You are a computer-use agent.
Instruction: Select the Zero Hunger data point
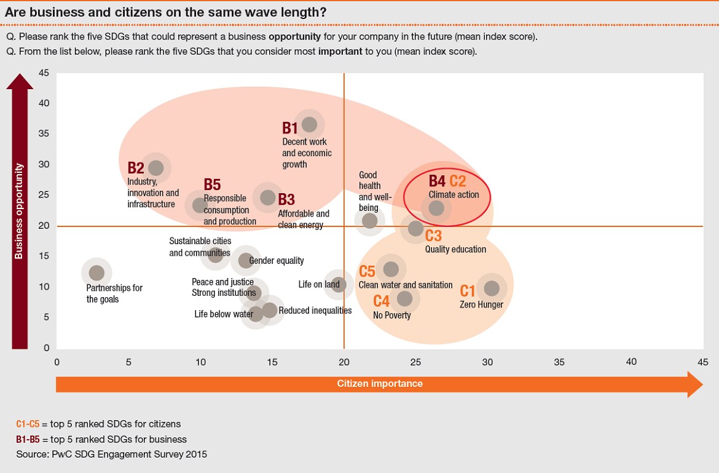point(492,288)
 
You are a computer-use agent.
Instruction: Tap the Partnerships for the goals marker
point(96,272)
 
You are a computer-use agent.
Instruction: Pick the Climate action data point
point(436,208)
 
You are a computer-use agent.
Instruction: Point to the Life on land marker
point(339,285)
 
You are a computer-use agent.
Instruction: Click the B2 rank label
point(136,168)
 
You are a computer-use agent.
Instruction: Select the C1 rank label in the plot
point(468,291)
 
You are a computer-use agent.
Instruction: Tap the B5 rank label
point(212,185)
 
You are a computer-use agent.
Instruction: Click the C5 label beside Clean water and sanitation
point(367,271)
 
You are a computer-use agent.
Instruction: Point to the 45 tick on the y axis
point(44,73)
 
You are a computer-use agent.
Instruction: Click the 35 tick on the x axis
point(559,362)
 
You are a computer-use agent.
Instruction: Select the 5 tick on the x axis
point(128,362)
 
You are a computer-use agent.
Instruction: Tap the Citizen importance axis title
point(380,384)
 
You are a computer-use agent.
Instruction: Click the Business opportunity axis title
point(19,210)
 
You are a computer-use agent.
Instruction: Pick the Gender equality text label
point(277,261)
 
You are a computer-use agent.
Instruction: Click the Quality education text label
point(455,249)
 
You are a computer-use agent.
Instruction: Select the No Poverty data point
point(404,298)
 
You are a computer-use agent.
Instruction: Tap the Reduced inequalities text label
point(315,311)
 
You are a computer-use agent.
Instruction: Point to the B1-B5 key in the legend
point(29,439)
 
